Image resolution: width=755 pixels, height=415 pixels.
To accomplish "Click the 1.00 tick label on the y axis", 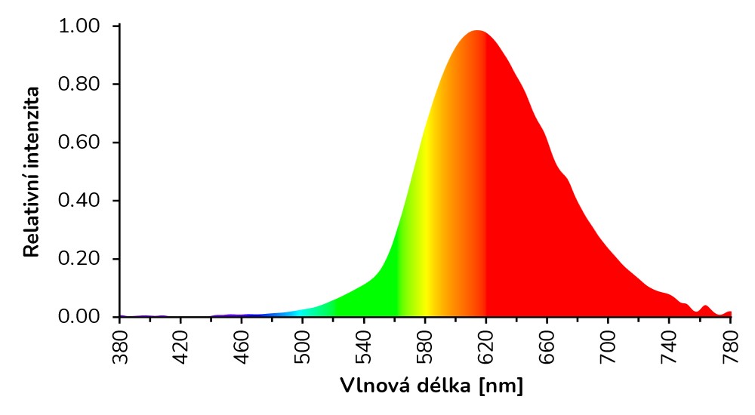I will tap(79, 26).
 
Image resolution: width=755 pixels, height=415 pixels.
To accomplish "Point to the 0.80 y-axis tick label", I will tap(79, 85).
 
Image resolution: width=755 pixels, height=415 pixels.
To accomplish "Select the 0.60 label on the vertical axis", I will tap(79, 143).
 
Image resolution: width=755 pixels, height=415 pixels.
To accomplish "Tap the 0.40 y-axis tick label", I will tap(79, 201).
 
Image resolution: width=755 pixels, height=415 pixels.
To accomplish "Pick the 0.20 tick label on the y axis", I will tap(79, 259).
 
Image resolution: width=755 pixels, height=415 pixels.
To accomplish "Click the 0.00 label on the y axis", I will tap(79, 317).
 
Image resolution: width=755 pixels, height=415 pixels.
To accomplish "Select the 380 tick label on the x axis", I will tap(119, 348).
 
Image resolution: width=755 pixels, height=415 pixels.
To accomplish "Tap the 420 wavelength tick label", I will tap(180, 348).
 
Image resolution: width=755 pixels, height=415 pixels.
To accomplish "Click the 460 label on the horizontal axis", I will tap(242, 348).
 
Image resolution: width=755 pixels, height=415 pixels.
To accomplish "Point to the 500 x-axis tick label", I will tap(303, 348).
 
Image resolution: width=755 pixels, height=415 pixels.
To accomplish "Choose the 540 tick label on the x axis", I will tap(364, 348).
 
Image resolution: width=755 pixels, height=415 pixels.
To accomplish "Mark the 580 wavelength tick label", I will tap(425, 348).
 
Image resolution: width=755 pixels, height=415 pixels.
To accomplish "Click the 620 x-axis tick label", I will tap(486, 348).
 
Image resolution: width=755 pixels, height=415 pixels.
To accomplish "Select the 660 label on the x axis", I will tap(547, 348).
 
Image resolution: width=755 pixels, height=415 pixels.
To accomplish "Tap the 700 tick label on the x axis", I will tap(609, 348).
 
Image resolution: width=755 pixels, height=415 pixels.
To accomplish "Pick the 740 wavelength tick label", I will tap(670, 348).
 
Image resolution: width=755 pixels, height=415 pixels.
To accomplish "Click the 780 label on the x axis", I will tap(731, 348).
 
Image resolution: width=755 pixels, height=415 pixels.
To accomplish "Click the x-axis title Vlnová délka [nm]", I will tap(431, 386).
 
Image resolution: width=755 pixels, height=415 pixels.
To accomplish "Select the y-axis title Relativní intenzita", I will tap(32, 171).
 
